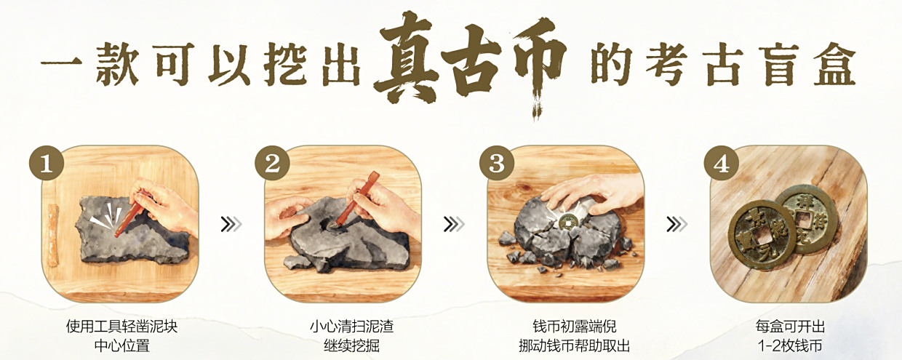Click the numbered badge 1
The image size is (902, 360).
click(47, 163)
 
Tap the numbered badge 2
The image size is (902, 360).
click(272, 163)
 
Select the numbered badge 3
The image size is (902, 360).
click(497, 163)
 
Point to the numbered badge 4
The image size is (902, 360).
click(721, 163)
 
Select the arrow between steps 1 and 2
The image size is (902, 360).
click(231, 224)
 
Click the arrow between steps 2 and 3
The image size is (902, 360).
click(454, 224)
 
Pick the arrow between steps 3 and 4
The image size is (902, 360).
click(677, 224)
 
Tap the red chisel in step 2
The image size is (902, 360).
click(358, 199)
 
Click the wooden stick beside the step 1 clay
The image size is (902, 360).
click(54, 234)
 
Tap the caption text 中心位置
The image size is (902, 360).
click(121, 345)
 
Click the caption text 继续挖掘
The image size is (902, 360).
click(351, 345)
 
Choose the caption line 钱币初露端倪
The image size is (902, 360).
click(575, 326)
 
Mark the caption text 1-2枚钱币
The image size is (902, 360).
click(790, 345)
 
